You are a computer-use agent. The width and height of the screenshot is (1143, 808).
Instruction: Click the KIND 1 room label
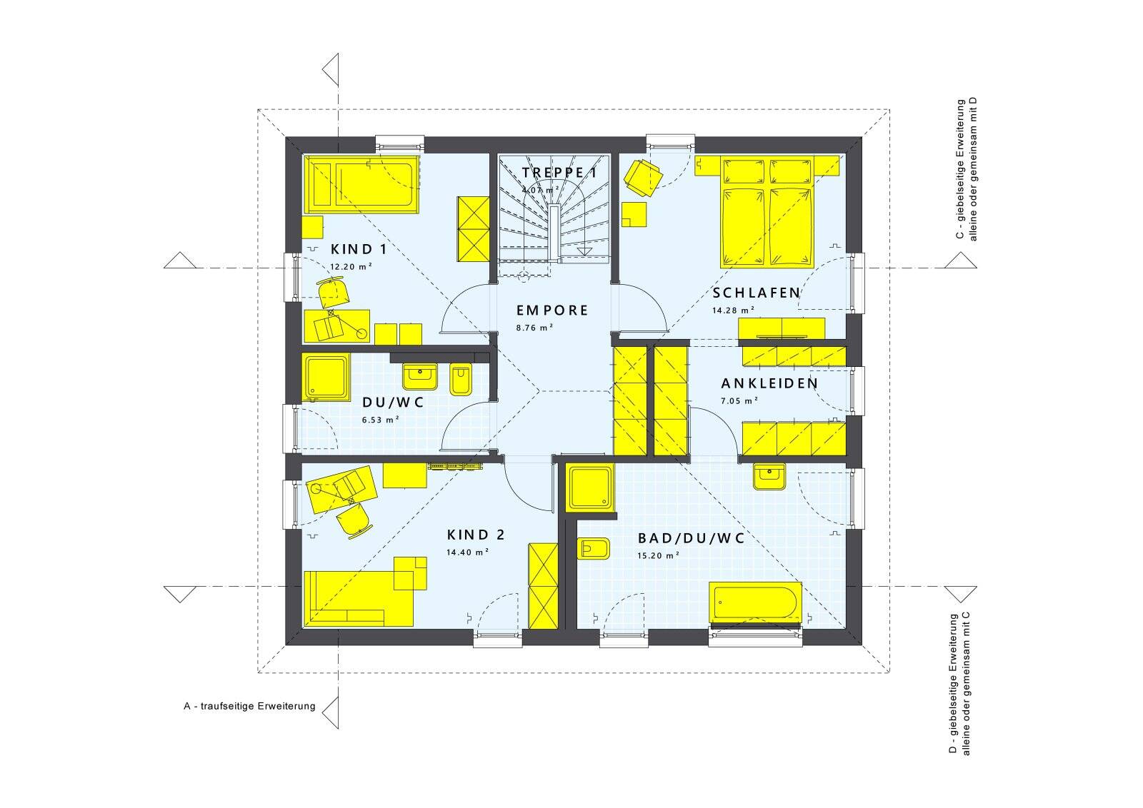359,249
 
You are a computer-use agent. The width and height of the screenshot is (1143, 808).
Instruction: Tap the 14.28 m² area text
733,310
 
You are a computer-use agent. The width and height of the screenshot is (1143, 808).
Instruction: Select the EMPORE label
552,310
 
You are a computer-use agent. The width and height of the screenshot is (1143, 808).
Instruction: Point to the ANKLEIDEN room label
769,383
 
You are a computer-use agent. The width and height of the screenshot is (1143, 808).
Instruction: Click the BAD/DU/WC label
691,538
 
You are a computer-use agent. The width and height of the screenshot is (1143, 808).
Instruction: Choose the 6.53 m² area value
380,420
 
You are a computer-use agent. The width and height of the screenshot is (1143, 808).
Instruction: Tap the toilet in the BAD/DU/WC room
594,548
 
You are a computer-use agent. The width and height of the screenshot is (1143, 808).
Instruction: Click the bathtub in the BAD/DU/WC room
755,602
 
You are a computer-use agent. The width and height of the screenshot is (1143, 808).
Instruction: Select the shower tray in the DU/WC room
326,378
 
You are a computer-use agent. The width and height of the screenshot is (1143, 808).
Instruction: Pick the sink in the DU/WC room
421,376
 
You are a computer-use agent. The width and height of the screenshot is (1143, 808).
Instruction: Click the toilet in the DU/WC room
461,380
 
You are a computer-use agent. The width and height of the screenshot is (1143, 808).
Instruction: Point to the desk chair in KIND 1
334,293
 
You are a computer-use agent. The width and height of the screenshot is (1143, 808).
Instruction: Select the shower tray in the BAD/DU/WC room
590,488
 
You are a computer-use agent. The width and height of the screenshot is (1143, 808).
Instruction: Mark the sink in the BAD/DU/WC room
769,477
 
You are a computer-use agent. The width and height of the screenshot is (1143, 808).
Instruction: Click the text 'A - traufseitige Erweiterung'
249,706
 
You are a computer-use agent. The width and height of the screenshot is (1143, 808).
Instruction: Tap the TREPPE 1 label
559,172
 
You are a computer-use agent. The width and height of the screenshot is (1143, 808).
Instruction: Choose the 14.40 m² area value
468,552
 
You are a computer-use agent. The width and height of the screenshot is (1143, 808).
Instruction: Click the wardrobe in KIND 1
474,229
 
